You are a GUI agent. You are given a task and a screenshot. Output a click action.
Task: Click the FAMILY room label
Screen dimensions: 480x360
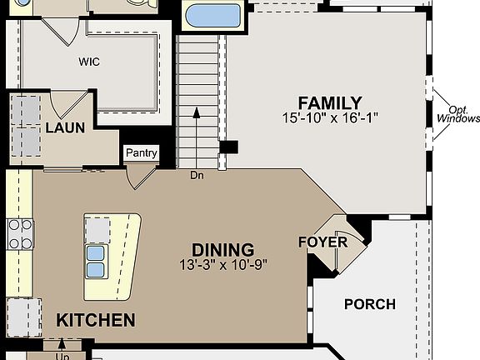(330, 102)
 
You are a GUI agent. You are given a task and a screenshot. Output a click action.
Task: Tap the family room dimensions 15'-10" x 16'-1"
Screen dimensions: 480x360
(330, 117)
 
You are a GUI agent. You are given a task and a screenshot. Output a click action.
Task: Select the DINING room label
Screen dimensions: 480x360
(222, 250)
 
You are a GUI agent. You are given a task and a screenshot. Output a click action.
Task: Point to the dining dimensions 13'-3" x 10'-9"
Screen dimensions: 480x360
(223, 265)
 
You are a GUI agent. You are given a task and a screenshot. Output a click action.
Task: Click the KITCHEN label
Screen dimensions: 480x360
(96, 320)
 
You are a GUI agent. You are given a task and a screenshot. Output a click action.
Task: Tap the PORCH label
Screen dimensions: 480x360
(370, 304)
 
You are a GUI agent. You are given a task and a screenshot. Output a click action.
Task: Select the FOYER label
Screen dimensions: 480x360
(323, 242)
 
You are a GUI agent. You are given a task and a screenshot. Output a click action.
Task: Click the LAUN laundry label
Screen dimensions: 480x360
(65, 127)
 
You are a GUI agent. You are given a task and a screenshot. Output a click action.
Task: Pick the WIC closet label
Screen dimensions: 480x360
(89, 62)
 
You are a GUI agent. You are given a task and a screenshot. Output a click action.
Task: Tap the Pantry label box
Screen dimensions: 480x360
(142, 152)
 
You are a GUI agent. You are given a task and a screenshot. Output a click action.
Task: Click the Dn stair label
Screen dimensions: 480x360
(197, 175)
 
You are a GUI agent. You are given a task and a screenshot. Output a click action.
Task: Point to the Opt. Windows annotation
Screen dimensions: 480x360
(458, 114)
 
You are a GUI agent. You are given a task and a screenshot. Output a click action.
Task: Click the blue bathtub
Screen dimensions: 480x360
(213, 15)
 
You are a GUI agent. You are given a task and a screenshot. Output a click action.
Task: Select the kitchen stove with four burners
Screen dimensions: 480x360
(20, 234)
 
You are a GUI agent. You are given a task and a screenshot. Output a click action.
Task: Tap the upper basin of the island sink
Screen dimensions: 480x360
(96, 253)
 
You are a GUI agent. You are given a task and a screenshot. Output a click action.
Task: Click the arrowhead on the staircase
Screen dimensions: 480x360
(197, 112)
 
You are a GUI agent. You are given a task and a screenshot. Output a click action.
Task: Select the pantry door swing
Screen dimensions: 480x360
(142, 177)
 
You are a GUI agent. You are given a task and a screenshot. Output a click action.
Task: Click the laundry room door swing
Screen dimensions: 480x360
(69, 105)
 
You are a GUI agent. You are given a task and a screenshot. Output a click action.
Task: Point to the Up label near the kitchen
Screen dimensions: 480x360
(62, 357)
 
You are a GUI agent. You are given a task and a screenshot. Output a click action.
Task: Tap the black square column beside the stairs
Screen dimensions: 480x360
(228, 147)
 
